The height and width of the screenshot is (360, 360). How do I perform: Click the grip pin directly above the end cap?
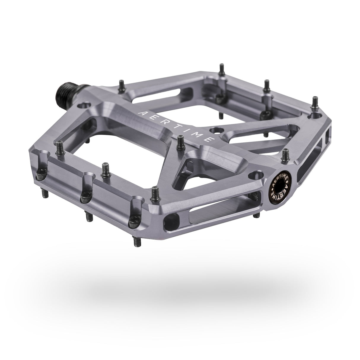[286, 154]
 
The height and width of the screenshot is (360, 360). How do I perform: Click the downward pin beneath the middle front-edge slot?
[88, 216]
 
